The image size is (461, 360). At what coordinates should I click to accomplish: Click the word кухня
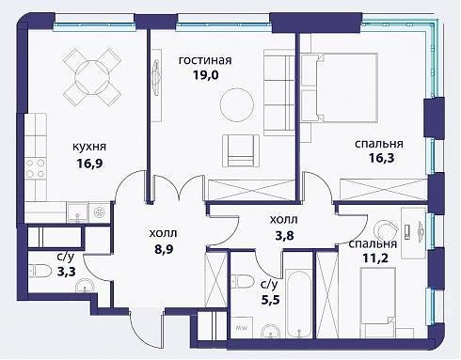coord(89,147)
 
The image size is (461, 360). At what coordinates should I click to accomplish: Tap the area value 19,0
coord(205,75)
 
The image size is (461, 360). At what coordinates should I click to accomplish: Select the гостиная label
coord(205,60)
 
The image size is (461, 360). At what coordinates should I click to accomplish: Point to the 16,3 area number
coord(381,158)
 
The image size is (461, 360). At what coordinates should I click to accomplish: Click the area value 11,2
coord(375,258)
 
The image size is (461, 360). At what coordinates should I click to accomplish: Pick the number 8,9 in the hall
coord(164,249)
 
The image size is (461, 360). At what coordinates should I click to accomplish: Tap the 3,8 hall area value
coord(284,235)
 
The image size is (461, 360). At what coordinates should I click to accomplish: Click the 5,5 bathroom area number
coord(270,300)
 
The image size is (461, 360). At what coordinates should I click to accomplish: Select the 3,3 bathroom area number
coord(67,271)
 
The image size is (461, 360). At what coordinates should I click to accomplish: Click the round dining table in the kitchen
coord(92,77)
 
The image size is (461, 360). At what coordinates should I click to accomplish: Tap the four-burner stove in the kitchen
coord(35,168)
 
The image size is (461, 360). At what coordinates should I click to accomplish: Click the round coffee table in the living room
coord(237,105)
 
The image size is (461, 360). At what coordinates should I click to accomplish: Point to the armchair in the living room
coord(241,150)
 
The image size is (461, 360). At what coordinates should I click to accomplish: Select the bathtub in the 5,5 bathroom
coord(300,305)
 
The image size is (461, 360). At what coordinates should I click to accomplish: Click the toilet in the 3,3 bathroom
coord(40,271)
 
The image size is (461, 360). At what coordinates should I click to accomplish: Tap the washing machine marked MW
coord(241,327)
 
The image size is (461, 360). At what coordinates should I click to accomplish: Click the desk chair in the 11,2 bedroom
coord(385,229)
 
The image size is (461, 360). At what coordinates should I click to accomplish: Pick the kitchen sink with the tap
coord(78,211)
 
